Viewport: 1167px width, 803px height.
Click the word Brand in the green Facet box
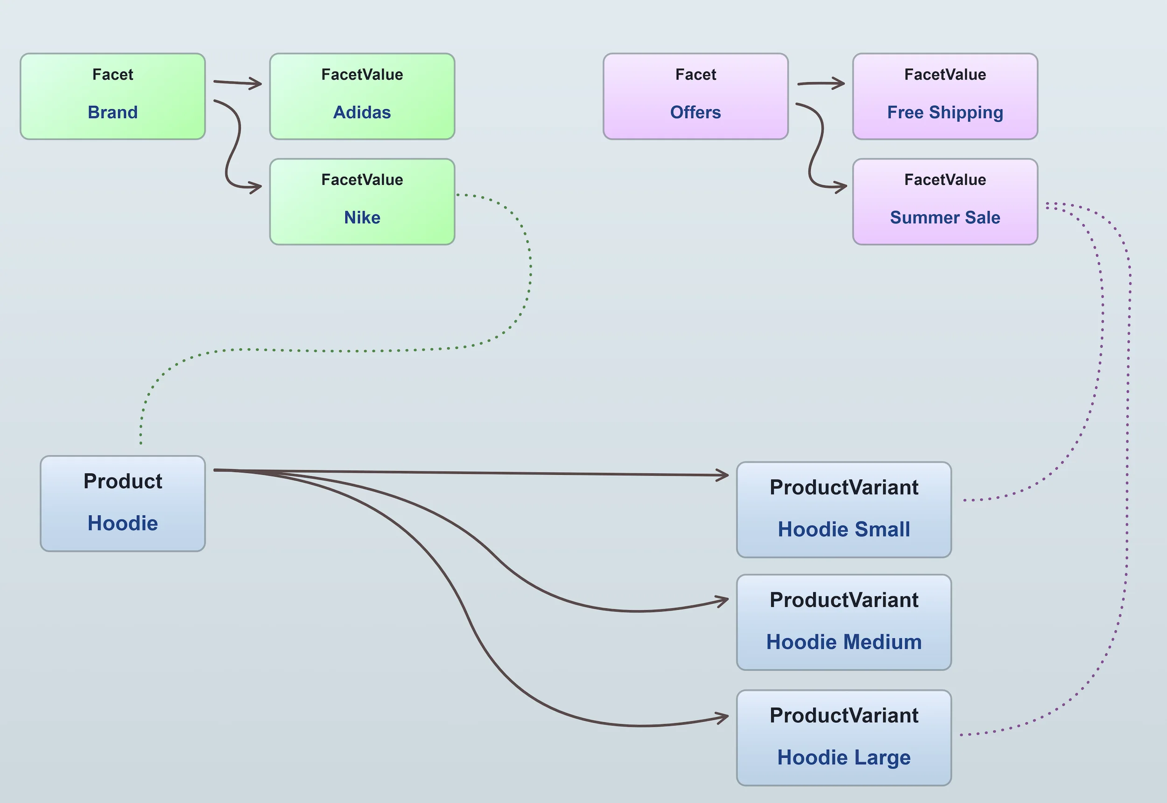[112, 112]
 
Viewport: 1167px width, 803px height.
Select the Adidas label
[362, 112]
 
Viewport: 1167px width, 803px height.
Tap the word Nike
[362, 218]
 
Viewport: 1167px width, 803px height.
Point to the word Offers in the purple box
[695, 112]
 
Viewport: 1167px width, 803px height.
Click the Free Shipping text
[945, 112]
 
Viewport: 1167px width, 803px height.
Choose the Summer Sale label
[945, 218]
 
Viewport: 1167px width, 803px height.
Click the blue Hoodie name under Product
[123, 523]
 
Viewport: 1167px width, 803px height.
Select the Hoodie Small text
[844, 529]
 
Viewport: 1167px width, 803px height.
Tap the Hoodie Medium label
[844, 642]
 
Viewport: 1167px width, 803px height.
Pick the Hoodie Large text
[844, 757]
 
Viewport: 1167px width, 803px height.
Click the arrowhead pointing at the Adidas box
[258, 84]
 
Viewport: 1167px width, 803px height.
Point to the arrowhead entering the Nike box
[258, 188]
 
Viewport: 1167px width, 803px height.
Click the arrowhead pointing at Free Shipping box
[840, 83]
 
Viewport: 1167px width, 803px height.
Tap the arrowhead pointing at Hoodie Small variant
[724, 475]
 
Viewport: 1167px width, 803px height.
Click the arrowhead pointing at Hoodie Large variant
[724, 718]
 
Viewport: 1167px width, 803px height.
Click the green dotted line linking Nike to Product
[352, 351]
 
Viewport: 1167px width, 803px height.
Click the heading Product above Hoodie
[123, 481]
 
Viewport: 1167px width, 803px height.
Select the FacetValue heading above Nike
[362, 180]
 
